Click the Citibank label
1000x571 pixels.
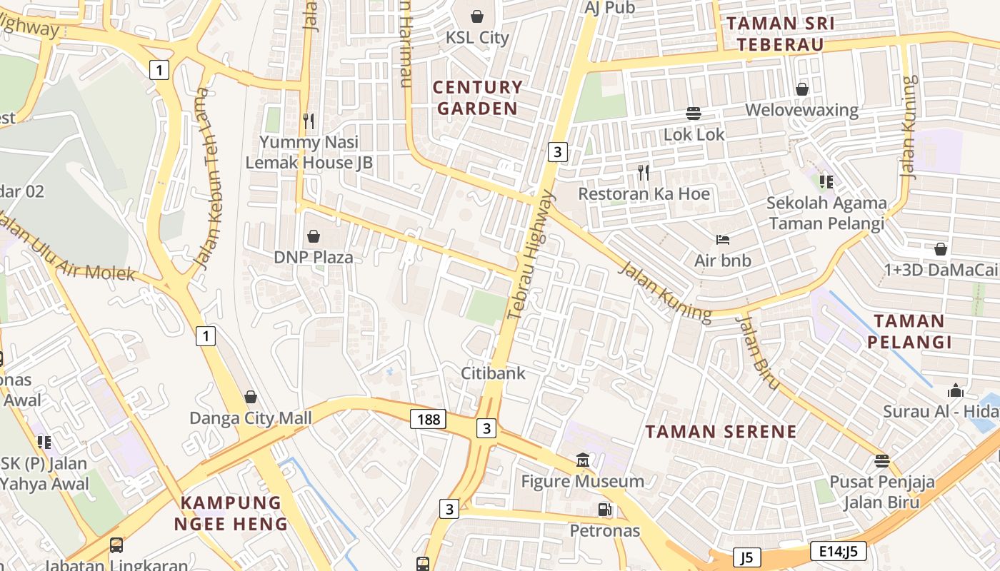[493, 373]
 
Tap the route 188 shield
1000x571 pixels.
[428, 419]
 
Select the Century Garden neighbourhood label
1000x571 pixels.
[478, 98]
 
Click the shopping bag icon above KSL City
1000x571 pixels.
[477, 16]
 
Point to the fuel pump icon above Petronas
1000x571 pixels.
[604, 510]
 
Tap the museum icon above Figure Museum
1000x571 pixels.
[583, 460]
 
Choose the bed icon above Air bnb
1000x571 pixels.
[723, 240]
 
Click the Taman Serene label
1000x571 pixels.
[721, 431]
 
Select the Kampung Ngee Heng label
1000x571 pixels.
[231, 513]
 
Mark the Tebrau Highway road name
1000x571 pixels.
[530, 255]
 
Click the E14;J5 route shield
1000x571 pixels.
[839, 550]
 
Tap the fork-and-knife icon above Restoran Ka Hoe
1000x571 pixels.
[644, 172]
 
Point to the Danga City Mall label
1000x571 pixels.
[250, 418]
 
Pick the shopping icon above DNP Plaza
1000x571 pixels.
[313, 236]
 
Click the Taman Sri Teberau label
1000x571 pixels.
[780, 34]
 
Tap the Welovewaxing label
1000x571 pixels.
[801, 110]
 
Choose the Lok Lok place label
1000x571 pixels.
[694, 134]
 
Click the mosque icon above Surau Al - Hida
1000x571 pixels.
[955, 391]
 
